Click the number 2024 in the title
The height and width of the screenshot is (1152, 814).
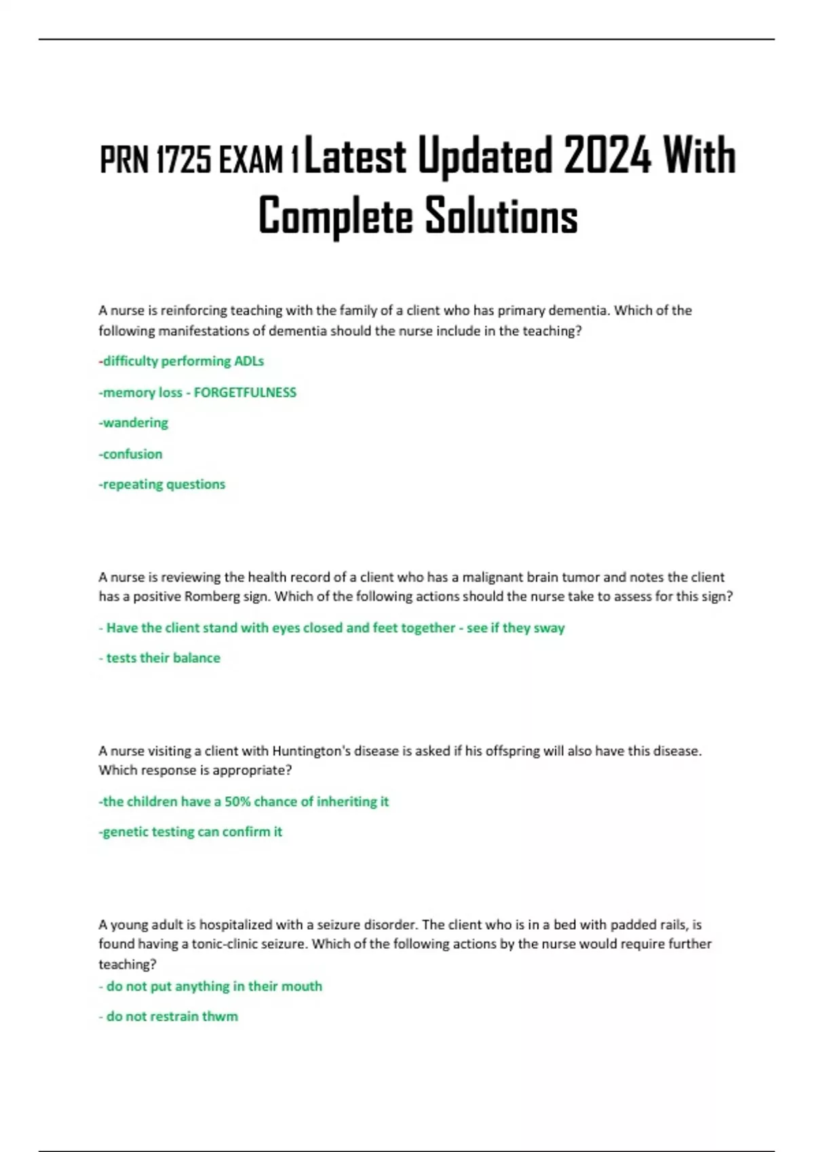[x=607, y=156]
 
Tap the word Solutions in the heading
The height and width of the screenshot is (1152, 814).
[x=501, y=216]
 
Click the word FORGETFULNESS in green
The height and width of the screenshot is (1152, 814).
[x=245, y=392]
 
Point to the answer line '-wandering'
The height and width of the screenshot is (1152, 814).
[x=134, y=423]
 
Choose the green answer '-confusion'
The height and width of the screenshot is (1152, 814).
[x=131, y=454]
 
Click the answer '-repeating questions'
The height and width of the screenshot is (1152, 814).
[x=162, y=485]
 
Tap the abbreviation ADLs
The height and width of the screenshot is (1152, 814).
[x=249, y=361]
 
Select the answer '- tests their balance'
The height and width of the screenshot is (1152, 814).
[x=160, y=658]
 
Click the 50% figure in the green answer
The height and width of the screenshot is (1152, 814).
[x=237, y=802]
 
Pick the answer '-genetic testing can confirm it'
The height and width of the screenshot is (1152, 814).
[x=191, y=832]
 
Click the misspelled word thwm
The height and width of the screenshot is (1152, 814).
[x=220, y=1016]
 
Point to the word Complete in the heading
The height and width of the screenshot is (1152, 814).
[x=336, y=216]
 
